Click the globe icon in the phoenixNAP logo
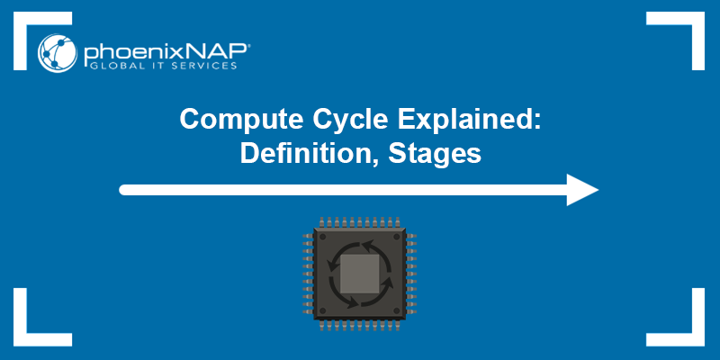58,53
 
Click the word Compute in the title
241,120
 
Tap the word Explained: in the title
470,120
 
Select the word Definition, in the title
310,154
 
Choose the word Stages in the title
435,154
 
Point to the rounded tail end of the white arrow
123,190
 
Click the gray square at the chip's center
359,274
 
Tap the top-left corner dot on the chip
323,237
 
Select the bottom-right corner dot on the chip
397,310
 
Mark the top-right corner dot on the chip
397,237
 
